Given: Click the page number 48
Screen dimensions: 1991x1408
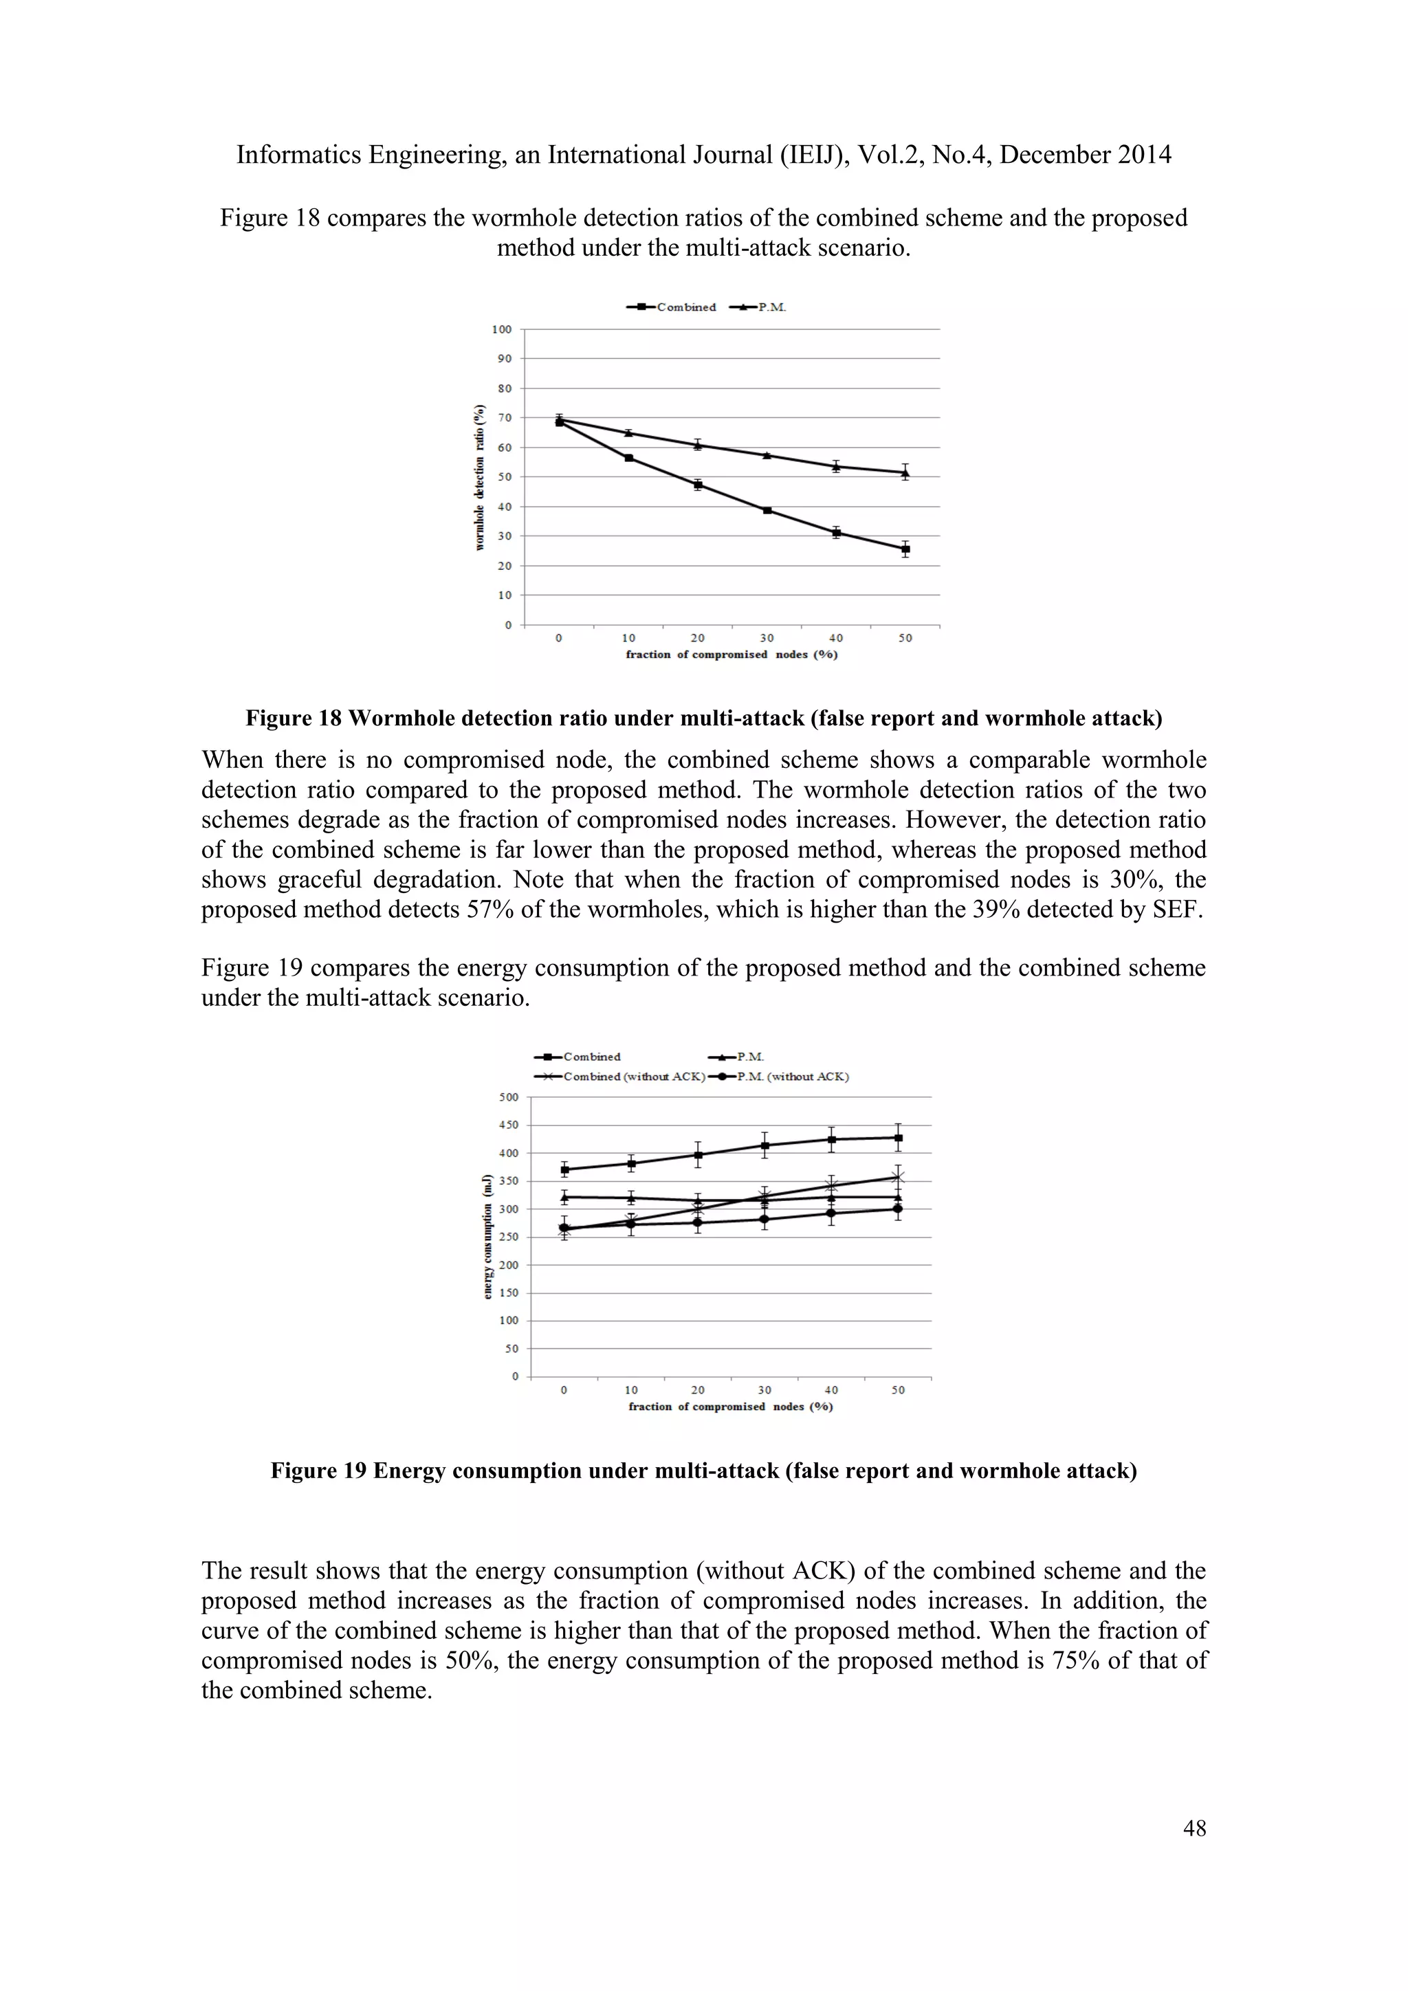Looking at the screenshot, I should [1194, 1828].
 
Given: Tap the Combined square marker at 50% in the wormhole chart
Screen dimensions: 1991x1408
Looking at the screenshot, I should [905, 549].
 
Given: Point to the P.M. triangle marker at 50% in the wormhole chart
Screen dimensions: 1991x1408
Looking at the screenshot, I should [905, 472].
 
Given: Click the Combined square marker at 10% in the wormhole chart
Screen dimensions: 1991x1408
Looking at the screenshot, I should [628, 458].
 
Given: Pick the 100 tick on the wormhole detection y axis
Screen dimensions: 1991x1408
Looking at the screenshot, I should [501, 329].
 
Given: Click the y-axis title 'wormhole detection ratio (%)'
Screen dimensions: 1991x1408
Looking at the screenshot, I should [478, 477].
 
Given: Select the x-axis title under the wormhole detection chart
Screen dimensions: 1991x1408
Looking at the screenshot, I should [731, 654].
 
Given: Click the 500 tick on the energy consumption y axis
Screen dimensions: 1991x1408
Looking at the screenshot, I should [509, 1097].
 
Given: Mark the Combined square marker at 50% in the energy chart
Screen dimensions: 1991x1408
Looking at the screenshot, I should [898, 1138].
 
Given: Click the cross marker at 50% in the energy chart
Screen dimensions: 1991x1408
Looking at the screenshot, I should [898, 1177].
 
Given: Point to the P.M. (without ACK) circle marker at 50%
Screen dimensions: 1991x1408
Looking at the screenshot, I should [898, 1209].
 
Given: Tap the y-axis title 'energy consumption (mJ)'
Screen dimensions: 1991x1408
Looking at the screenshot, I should [487, 1235].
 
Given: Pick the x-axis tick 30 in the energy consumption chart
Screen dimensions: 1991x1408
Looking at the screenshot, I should [764, 1390].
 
